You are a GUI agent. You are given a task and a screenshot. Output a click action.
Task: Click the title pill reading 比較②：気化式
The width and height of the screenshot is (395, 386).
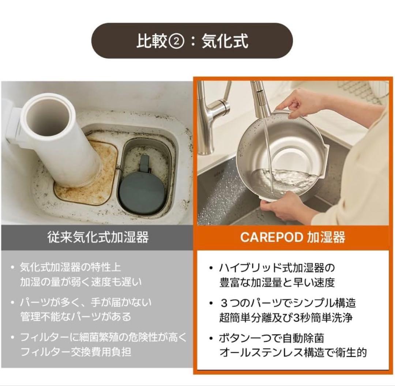192,41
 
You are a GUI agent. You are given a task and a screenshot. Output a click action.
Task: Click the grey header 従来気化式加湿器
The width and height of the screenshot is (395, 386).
98,237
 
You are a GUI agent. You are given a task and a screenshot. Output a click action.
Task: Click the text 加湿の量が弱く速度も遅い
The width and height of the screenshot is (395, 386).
81,282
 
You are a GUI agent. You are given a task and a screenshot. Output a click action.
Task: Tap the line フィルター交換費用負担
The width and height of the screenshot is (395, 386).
76,352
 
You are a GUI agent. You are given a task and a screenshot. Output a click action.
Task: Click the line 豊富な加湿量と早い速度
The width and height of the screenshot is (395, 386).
277,282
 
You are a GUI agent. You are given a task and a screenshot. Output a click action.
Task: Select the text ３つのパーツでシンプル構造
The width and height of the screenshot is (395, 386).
287,303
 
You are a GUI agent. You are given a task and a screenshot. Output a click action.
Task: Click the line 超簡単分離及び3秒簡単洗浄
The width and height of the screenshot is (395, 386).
286,317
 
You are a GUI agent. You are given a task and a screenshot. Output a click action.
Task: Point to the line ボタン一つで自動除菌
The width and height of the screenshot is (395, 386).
271,338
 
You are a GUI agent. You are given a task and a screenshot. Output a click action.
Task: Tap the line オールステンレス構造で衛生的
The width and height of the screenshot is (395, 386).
293,352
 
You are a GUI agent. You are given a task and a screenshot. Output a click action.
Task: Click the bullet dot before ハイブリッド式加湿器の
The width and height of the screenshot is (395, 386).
211,268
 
